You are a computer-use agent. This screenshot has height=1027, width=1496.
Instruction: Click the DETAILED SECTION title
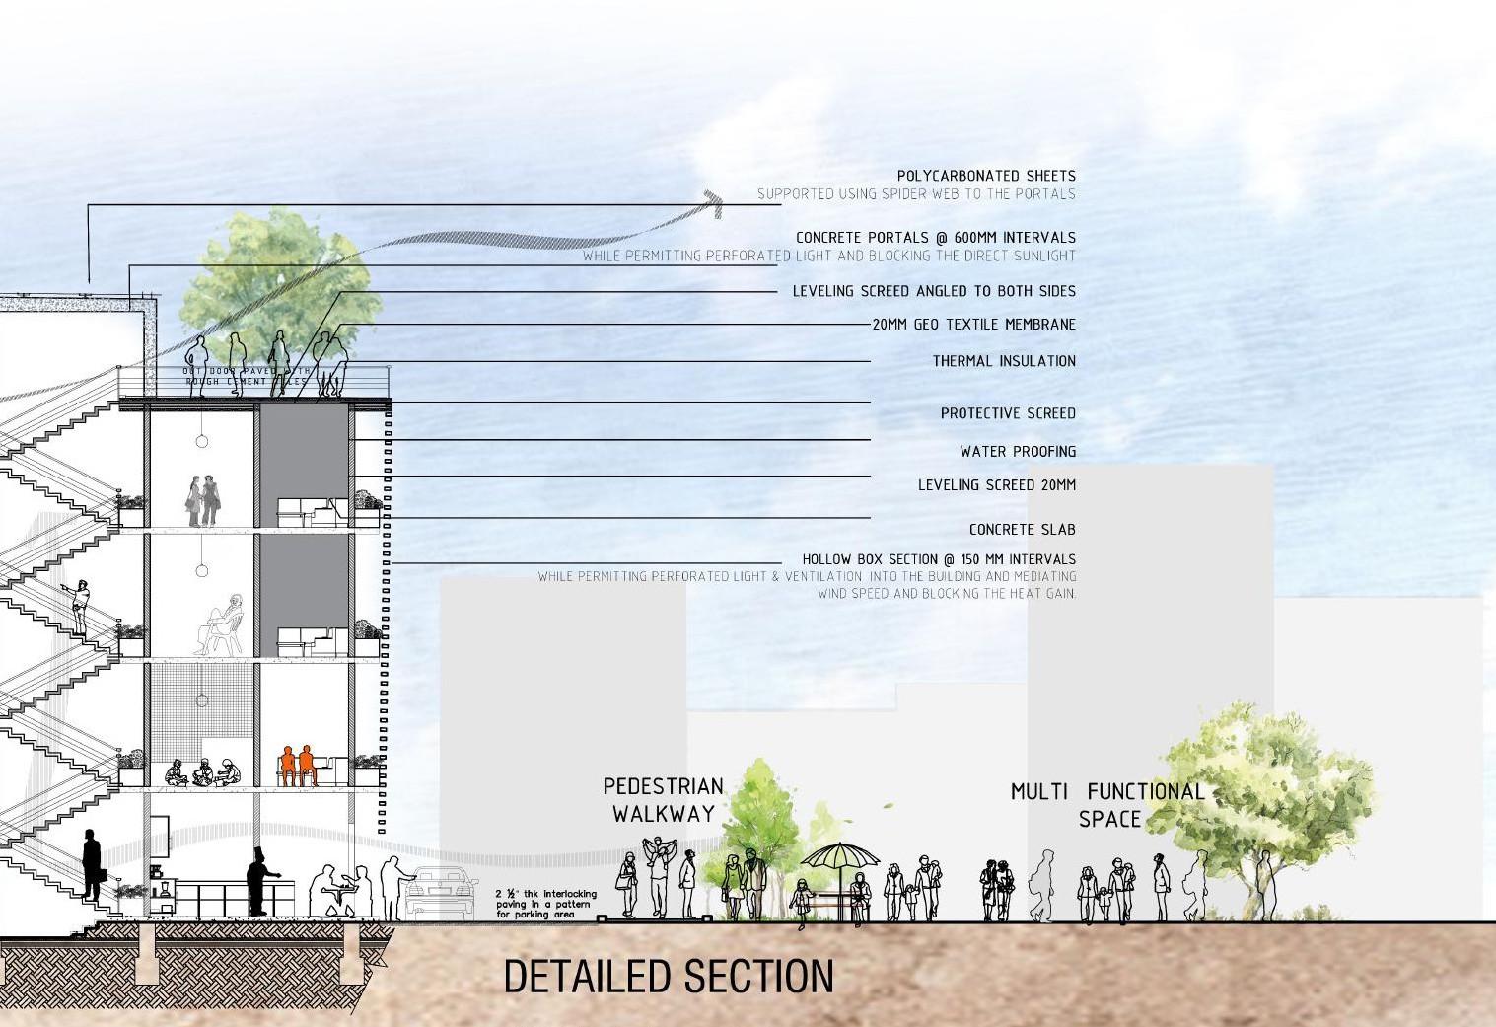point(669,976)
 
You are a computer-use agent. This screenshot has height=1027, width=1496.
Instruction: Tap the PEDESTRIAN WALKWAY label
point(663,800)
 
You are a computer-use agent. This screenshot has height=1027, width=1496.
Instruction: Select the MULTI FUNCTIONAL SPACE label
point(1107,805)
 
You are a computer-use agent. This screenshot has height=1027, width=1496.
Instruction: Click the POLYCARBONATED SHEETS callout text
point(986,176)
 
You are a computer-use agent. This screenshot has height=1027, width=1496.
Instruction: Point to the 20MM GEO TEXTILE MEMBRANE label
point(973,324)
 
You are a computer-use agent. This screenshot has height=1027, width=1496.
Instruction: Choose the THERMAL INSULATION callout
point(1004,361)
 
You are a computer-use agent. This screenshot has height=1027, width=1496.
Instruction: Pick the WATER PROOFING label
point(1018,451)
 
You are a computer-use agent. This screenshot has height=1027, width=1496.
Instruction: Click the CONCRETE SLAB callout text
point(1022,530)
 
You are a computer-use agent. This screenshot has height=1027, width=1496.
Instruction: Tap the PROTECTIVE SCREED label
point(1008,413)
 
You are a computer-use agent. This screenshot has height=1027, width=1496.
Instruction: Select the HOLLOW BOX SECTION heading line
point(939,559)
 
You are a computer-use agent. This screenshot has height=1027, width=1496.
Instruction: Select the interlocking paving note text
point(544,904)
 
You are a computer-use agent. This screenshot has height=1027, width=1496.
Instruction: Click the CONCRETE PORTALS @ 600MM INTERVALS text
point(935,238)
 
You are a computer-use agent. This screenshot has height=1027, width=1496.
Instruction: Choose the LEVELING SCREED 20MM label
point(996,485)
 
